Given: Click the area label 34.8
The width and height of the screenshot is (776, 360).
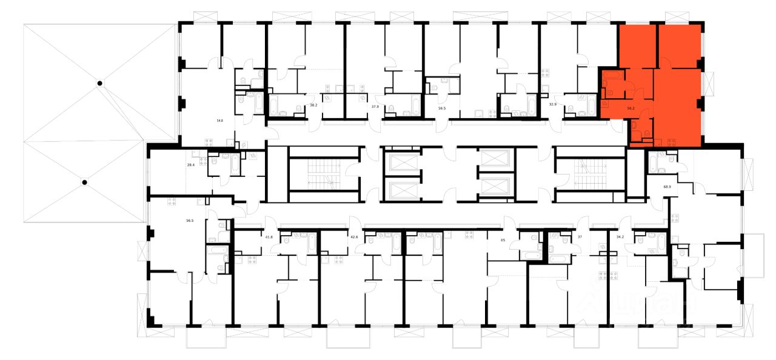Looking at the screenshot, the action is tap(219, 121).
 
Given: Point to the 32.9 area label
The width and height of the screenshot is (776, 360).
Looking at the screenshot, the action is tap(552, 104).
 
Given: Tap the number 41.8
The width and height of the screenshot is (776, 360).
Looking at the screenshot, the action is tap(269, 238).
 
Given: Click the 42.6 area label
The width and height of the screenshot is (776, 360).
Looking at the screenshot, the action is tap(354, 238).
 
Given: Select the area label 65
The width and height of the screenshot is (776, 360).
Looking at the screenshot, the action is tap(503, 241).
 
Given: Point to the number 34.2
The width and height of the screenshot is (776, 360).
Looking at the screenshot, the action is tap(619, 238).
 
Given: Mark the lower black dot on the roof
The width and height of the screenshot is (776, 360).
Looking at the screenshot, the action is tap(85, 182).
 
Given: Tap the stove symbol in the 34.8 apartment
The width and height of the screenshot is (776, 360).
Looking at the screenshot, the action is tap(210, 142).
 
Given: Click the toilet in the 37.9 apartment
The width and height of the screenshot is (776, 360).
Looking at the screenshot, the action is tap(392, 109).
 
